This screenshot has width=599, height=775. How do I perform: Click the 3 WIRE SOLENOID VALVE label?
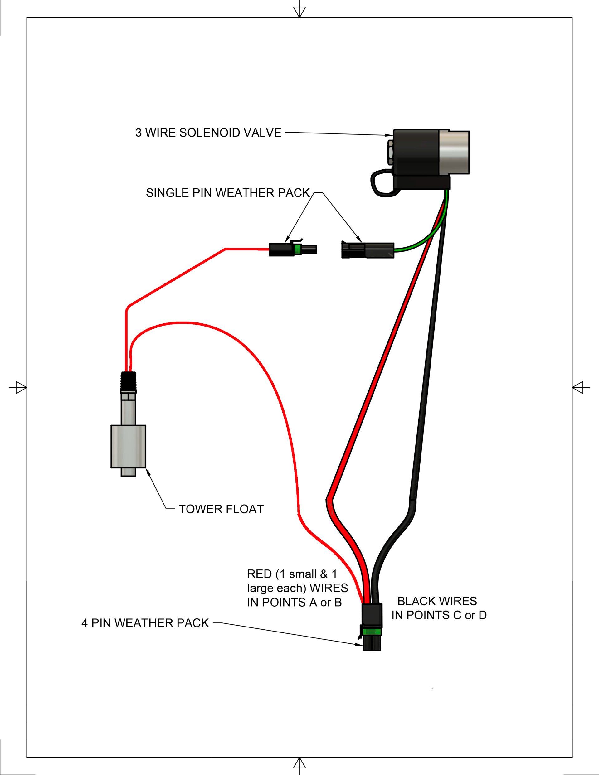coord(208,133)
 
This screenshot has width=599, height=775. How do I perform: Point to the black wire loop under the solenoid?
coord(382,183)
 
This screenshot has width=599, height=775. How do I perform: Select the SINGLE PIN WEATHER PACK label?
coord(228,193)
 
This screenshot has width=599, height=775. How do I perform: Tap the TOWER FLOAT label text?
coord(221,509)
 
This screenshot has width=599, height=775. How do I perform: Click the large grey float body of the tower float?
coord(128,447)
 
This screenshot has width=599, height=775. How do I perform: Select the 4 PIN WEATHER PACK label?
coord(145,623)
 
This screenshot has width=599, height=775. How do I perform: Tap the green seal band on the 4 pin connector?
coord(372,632)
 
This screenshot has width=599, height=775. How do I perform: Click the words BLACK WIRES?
coord(437,601)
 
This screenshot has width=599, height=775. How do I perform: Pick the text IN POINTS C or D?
coord(439,615)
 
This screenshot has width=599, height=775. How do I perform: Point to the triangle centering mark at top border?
coord(299,12)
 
